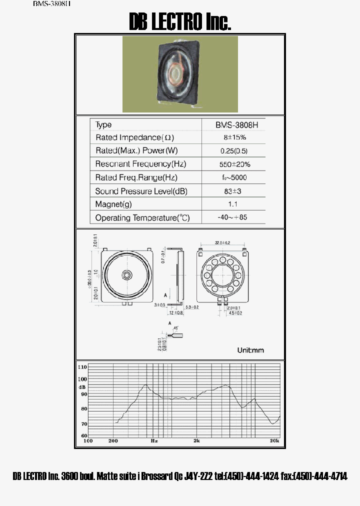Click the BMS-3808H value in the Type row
233,124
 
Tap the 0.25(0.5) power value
234,150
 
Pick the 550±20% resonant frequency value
234,164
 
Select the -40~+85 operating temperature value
233,217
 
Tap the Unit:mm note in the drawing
250,350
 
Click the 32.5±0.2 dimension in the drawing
222,242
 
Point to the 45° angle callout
175,328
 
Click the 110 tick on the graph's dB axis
82,367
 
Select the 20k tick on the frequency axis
274,441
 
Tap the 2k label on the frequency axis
197,441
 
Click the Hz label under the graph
154,441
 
